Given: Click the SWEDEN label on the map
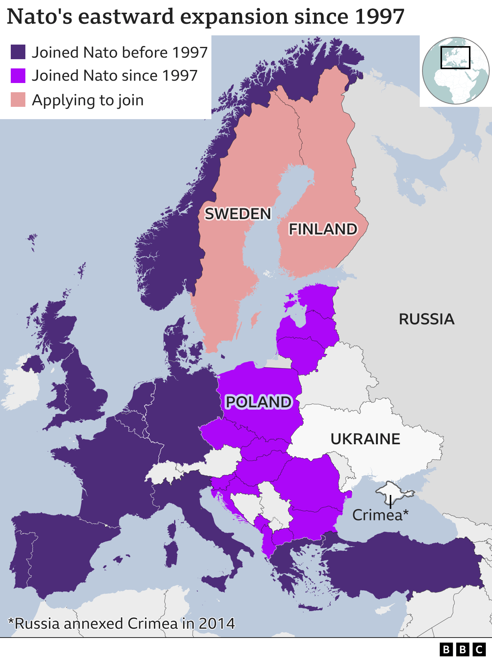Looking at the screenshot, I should [238, 214].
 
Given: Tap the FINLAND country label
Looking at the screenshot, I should [323, 229].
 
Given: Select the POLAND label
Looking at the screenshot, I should [259, 402].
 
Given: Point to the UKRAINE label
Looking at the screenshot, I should [365, 439].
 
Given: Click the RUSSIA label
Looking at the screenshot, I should [426, 319].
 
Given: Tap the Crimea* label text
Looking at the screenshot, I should [380, 515].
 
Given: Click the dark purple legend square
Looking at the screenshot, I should [18, 52].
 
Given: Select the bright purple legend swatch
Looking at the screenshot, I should [18, 76].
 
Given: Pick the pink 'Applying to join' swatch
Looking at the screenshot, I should [18, 100].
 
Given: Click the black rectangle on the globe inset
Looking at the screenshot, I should [455, 58].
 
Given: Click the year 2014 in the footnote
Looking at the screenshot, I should [216, 623].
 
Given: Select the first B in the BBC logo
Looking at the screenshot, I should [446, 649].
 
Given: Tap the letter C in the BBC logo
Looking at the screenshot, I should [479, 649].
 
